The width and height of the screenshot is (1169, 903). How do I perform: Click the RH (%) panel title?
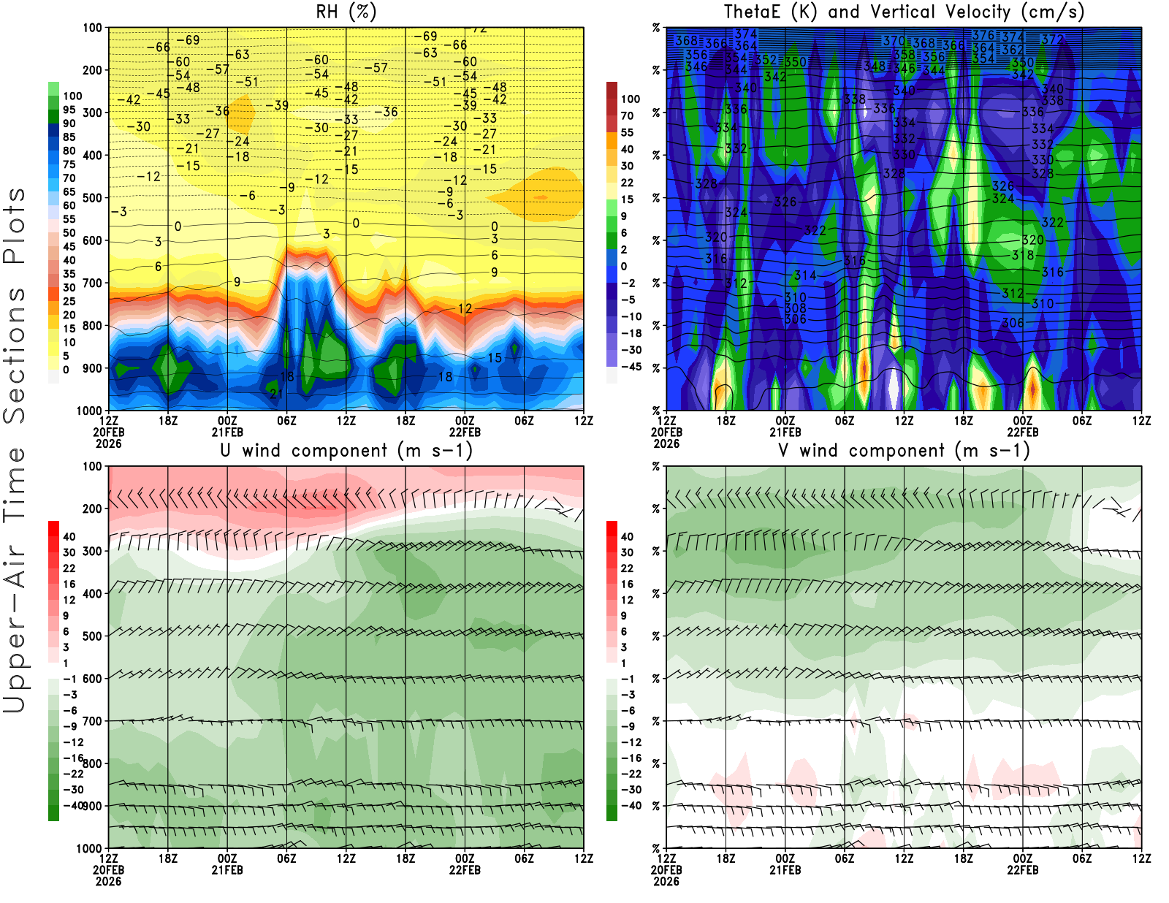click(346, 12)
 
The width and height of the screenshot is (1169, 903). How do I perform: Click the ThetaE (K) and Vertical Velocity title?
click(904, 12)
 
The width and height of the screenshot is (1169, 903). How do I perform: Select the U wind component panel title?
click(346, 450)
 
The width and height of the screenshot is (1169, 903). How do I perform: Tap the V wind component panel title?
click(904, 450)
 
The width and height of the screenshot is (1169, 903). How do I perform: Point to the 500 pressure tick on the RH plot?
click(92, 198)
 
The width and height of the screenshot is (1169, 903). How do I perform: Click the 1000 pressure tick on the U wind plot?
click(89, 848)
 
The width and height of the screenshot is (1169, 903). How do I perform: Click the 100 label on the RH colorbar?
click(72, 96)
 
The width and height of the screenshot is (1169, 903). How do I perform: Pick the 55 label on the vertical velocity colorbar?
click(627, 132)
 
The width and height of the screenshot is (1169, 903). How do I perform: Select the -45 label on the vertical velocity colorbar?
click(631, 367)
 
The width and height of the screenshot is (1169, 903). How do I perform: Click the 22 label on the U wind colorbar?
click(69, 568)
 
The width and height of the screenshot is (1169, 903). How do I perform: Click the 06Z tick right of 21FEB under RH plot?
click(286, 420)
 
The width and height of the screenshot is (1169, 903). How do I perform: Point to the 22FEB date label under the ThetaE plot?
click(1023, 432)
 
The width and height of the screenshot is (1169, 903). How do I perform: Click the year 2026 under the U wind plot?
click(108, 881)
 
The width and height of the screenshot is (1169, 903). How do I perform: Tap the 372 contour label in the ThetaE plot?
click(1052, 39)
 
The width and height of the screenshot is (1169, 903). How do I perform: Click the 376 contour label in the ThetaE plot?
click(983, 35)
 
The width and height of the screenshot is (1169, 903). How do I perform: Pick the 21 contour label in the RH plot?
click(276, 394)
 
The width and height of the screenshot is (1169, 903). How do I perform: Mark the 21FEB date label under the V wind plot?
click(785, 870)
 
